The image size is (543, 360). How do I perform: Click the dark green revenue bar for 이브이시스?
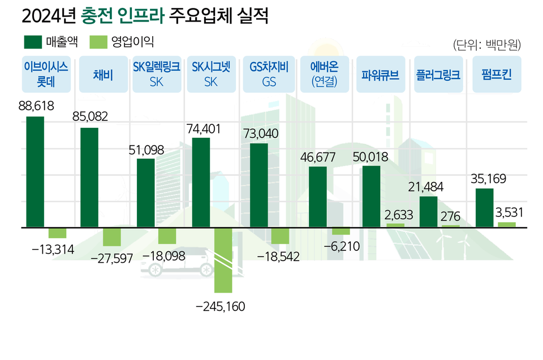[x=35, y=171]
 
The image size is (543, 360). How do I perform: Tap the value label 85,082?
[x=90, y=117]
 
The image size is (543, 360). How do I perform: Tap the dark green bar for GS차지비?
[x=259, y=185]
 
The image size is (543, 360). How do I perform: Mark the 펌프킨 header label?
[x=495, y=74]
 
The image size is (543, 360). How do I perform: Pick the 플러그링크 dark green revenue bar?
[x=428, y=211]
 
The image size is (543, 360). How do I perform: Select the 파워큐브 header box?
[x=380, y=74]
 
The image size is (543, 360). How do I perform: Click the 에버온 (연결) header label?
[x=324, y=74]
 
